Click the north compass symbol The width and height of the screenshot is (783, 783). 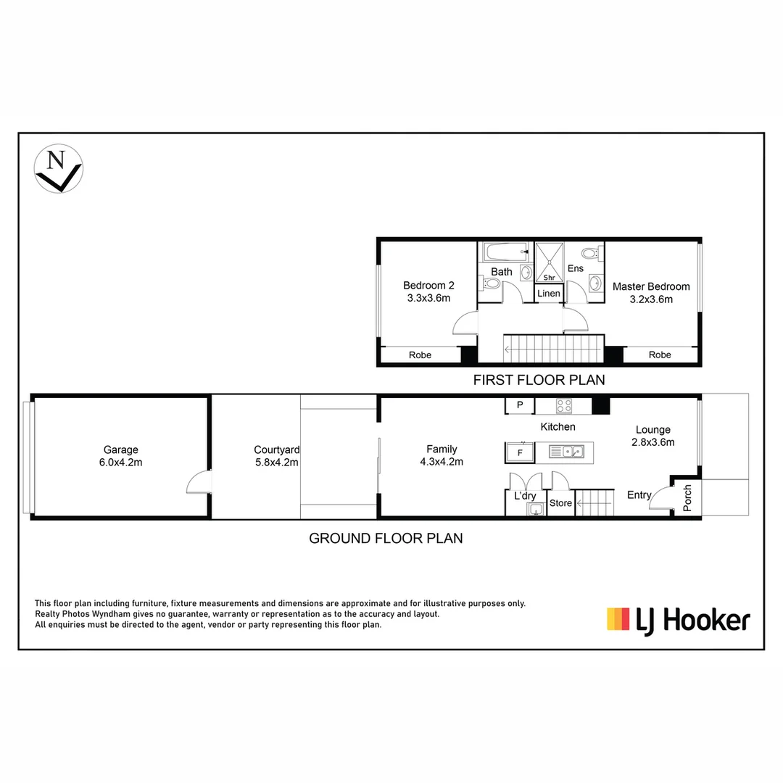pyautogui.click(x=59, y=168)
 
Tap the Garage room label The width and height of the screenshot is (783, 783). pyautogui.click(x=120, y=455)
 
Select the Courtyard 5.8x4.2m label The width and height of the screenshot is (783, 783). pyautogui.click(x=276, y=455)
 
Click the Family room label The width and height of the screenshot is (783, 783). pyautogui.click(x=442, y=455)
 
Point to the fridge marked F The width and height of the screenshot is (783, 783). pyautogui.click(x=519, y=453)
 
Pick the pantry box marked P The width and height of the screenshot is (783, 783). pyautogui.click(x=520, y=405)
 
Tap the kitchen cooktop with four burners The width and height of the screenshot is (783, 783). pyautogui.click(x=564, y=406)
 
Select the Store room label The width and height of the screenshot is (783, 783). pyautogui.click(x=560, y=503)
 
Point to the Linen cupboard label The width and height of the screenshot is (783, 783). pyautogui.click(x=549, y=294)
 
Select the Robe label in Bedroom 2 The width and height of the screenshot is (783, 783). pyautogui.click(x=420, y=355)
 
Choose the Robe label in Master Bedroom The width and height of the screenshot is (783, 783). pyautogui.click(x=660, y=355)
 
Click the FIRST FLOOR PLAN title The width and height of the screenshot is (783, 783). pyautogui.click(x=539, y=379)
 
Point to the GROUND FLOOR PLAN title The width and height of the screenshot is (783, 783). pyautogui.click(x=386, y=538)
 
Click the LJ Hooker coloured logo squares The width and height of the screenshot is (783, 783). pyautogui.click(x=618, y=619)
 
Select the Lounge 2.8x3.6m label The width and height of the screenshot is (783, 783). pyautogui.click(x=653, y=436)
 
